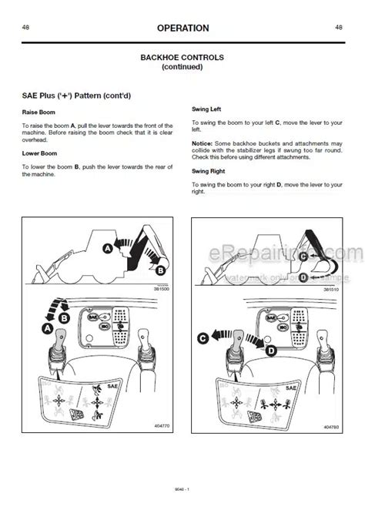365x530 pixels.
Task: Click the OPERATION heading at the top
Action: click(x=182, y=29)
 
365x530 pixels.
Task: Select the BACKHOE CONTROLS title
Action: click(x=182, y=58)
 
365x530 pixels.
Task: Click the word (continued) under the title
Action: click(x=182, y=67)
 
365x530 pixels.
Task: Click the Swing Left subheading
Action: click(x=207, y=110)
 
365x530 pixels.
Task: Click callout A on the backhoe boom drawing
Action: click(x=109, y=248)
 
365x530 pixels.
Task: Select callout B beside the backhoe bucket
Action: click(x=160, y=270)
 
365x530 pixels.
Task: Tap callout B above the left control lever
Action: click(x=65, y=317)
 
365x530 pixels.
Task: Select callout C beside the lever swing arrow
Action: click(x=203, y=337)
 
